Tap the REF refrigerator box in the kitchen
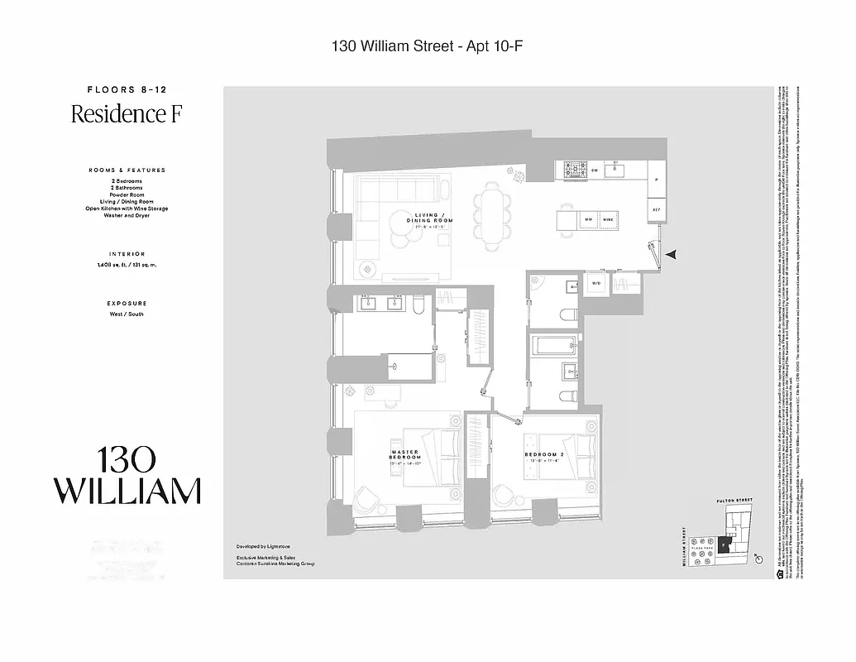(x=656, y=210)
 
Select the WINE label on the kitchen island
(x=608, y=219)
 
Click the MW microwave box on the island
(x=588, y=219)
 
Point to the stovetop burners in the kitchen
(x=573, y=170)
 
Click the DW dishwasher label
(x=595, y=170)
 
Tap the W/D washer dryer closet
(x=595, y=284)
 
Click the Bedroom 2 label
(x=543, y=455)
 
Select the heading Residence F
(x=126, y=114)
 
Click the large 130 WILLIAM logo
(x=127, y=476)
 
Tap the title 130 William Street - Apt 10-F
(x=427, y=47)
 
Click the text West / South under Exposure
(x=127, y=314)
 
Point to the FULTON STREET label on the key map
(x=734, y=501)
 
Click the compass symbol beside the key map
(x=758, y=560)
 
